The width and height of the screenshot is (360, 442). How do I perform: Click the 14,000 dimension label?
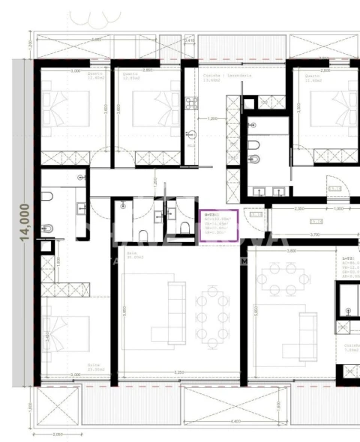(25, 222)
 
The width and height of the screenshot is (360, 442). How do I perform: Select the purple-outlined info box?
(217, 225)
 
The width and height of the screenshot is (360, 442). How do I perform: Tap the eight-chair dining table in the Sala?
(211, 317)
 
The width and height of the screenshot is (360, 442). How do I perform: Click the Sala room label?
(133, 255)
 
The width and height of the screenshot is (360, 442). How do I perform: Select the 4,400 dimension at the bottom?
(235, 422)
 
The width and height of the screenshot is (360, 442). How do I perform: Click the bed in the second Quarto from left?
(148, 103)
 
